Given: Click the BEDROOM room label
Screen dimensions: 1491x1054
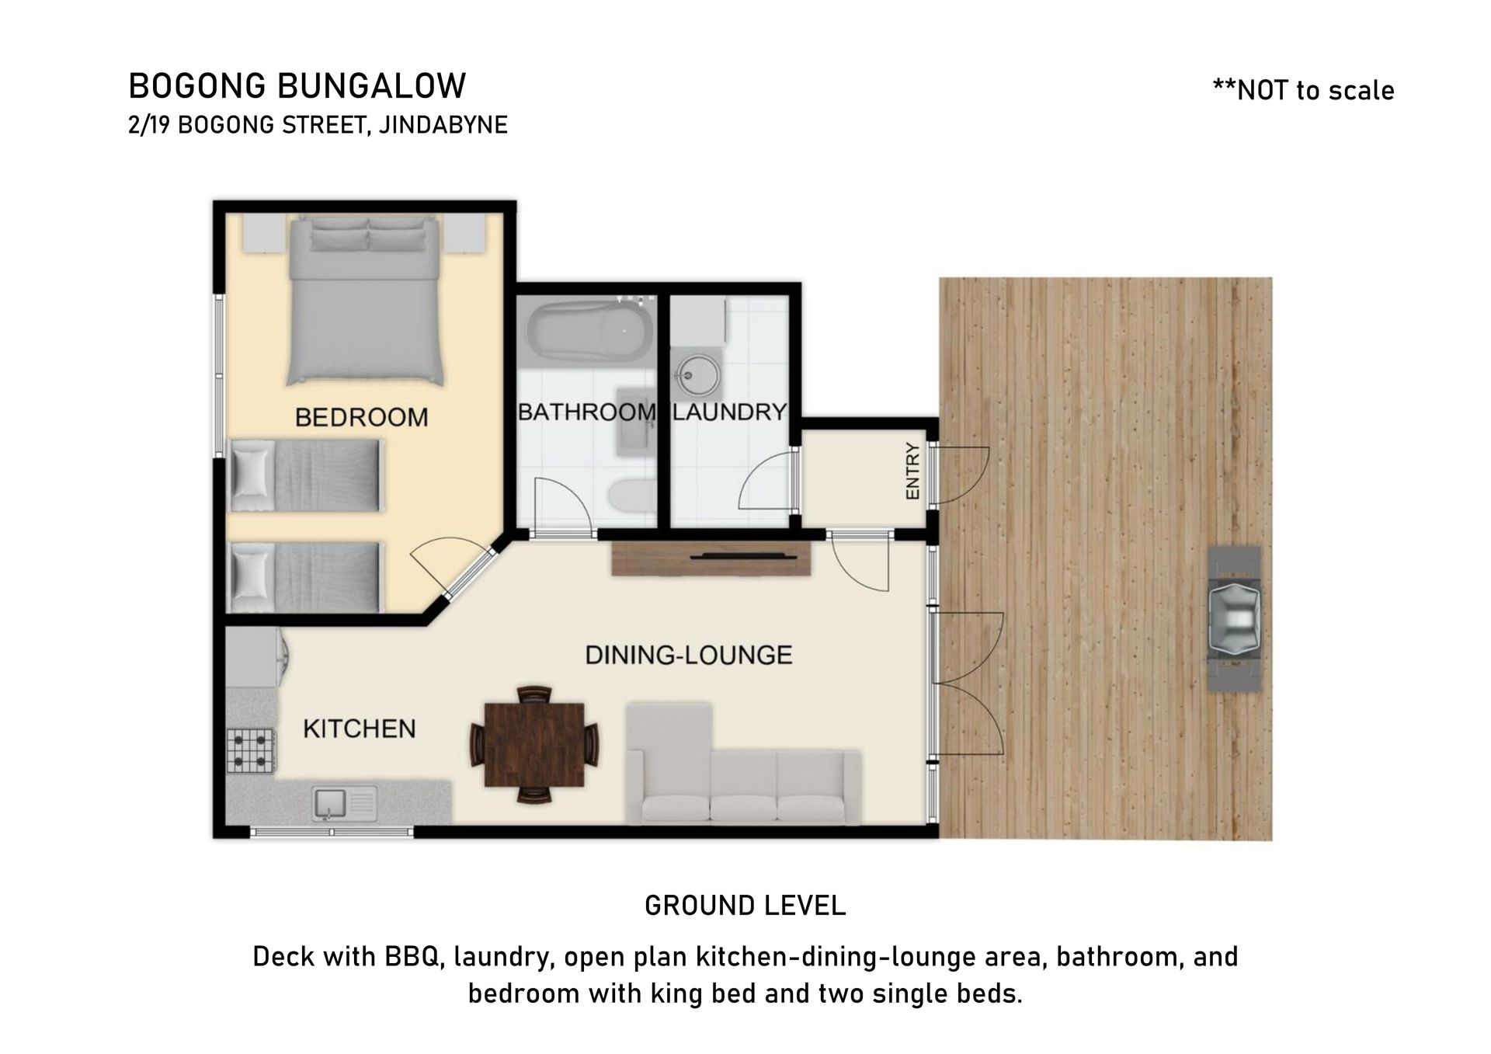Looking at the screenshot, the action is click(x=361, y=418).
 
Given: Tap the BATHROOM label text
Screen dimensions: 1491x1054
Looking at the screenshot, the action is click(x=586, y=412).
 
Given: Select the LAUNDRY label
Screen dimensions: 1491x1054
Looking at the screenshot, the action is click(x=730, y=412).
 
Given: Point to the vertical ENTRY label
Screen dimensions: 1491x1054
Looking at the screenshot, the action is click(x=912, y=471).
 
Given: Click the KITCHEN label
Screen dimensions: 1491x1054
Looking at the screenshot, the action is click(x=360, y=729).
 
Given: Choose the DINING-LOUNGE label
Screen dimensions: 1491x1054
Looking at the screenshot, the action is click(x=689, y=655).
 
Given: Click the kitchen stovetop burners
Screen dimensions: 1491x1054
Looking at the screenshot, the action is click(x=251, y=750).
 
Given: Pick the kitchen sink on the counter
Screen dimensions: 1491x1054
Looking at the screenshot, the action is click(x=345, y=804).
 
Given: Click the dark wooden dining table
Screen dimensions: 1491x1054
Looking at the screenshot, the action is click(x=534, y=745).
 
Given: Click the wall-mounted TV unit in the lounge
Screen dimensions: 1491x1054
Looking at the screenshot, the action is click(x=711, y=558).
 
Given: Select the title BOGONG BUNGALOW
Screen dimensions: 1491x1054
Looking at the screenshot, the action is click(x=297, y=85).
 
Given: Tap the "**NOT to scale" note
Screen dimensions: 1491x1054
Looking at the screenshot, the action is click(x=1303, y=90).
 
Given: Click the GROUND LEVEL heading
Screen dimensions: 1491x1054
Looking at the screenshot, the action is click(x=745, y=906).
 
